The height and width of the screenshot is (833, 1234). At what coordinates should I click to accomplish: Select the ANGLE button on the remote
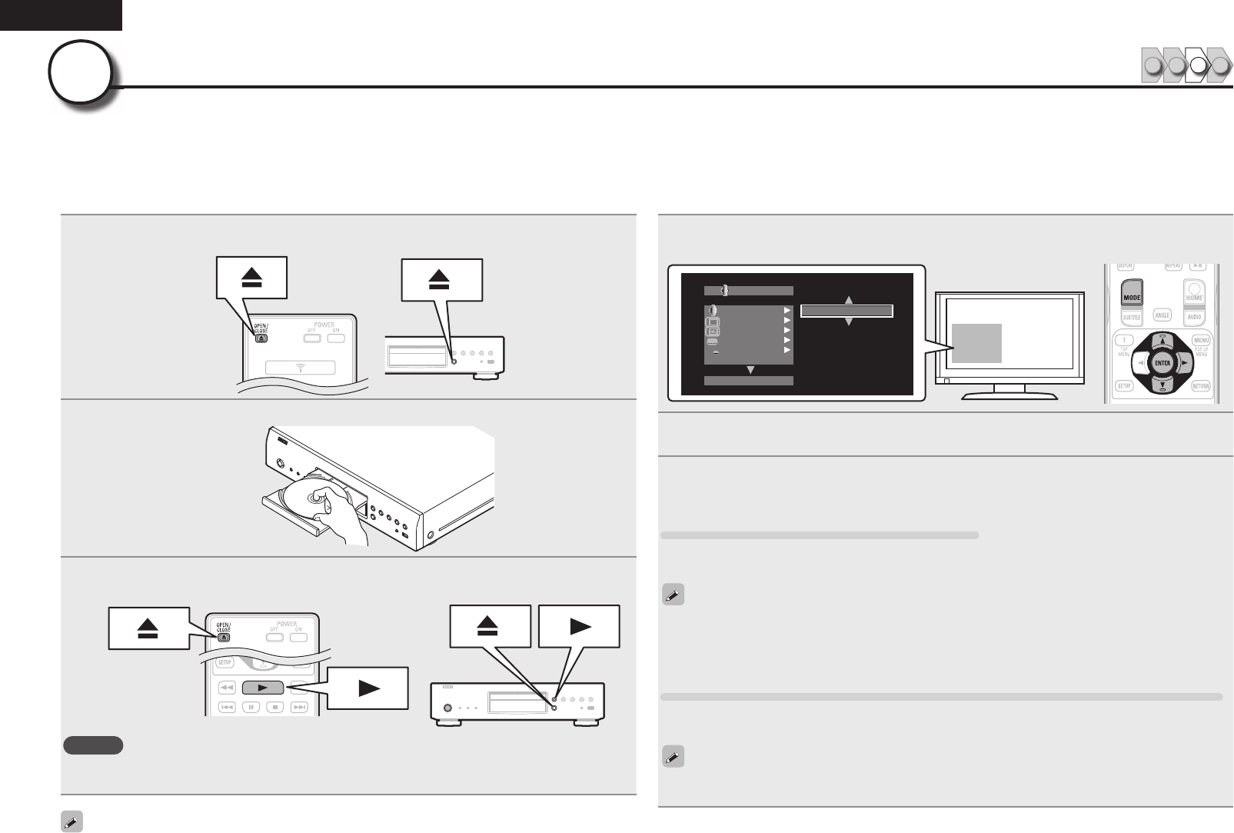coord(1162,315)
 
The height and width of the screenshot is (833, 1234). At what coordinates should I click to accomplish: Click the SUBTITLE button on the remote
coord(1131,317)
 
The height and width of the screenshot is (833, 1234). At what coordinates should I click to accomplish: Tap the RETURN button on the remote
coord(1201,385)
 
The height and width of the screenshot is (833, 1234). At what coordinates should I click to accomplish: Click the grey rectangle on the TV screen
coord(976,343)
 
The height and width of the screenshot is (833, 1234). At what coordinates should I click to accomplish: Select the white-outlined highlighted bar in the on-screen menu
coord(847,312)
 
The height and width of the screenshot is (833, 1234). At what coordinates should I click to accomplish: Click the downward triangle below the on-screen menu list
coord(750,370)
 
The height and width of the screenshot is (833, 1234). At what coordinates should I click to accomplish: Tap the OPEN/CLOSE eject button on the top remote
coord(261,337)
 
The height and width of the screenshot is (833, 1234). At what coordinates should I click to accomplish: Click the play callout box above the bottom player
coord(579,626)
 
